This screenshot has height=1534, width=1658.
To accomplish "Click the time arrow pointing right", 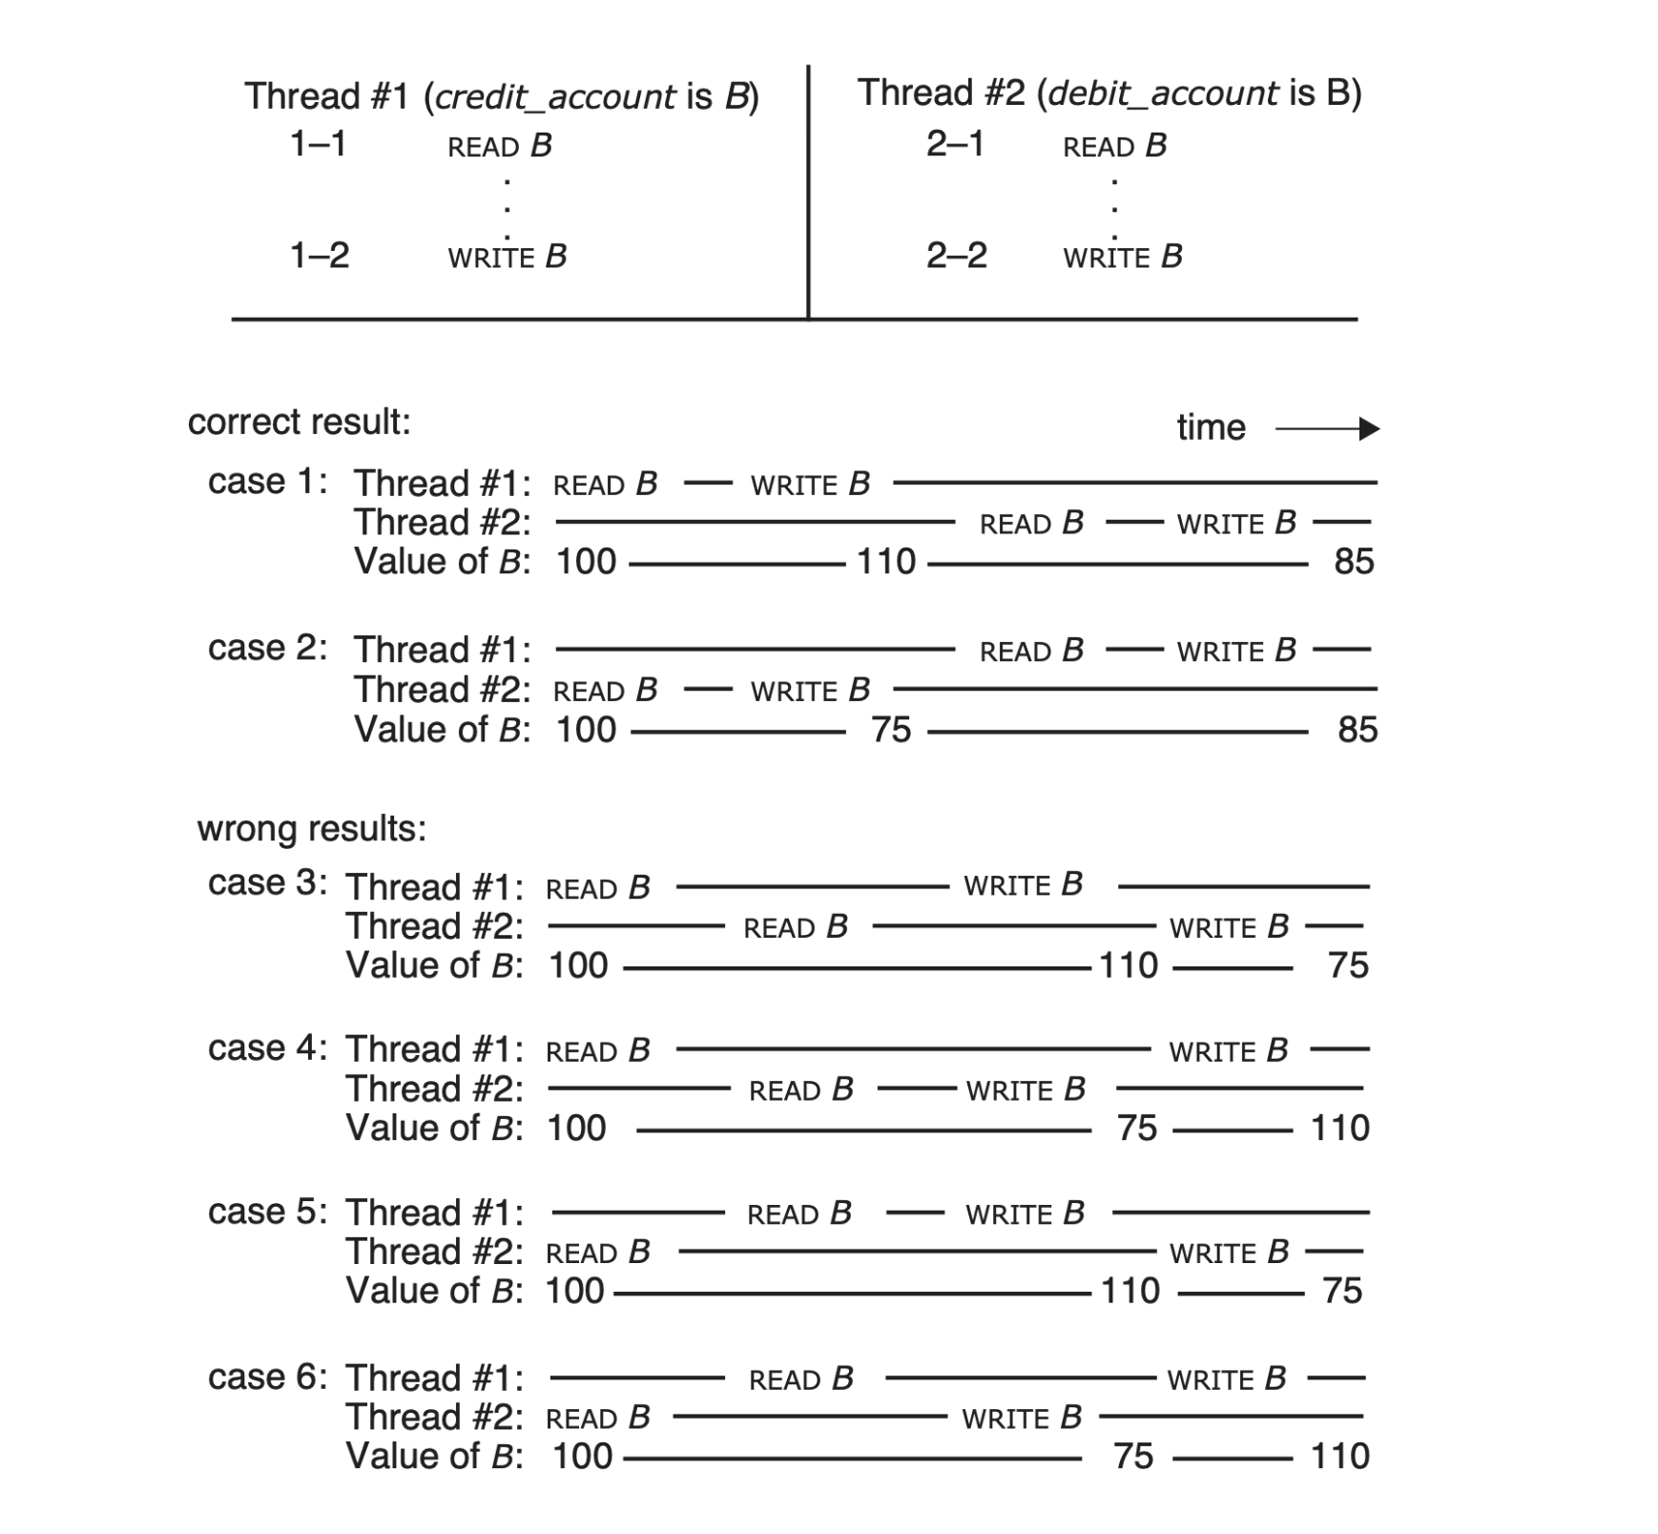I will tap(1327, 429).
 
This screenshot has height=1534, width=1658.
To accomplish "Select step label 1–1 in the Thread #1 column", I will tap(318, 144).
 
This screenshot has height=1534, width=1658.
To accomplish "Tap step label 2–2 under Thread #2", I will tap(956, 256).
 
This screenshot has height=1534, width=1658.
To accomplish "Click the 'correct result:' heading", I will tap(299, 422).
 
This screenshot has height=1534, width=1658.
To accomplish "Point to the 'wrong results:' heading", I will tap(312, 829).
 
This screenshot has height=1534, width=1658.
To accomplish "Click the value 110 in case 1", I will tap(885, 562).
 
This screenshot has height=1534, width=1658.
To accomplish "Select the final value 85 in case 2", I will tap(1357, 730).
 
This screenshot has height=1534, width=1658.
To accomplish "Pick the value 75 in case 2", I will tap(891, 730).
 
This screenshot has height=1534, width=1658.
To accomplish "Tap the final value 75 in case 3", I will tap(1348, 965).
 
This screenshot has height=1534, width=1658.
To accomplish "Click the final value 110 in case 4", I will tap(1339, 1129).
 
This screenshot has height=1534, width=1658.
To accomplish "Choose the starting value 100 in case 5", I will tap(574, 1291).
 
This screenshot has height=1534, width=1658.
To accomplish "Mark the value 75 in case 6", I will tap(1133, 1457).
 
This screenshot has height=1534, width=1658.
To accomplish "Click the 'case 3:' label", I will tap(267, 883).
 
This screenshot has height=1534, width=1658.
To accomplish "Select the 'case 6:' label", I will tap(267, 1378).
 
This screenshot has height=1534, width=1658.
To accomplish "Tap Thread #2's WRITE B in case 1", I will tap(1236, 523).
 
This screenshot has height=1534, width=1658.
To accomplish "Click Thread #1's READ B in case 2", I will tap(1031, 651).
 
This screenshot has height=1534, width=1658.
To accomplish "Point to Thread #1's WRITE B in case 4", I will tap(1229, 1050).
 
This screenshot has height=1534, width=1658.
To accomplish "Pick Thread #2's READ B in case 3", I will tap(796, 926).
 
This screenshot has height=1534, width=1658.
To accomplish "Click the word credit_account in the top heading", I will tap(556, 97).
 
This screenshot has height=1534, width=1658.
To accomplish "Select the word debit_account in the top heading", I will tap(1163, 93).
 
